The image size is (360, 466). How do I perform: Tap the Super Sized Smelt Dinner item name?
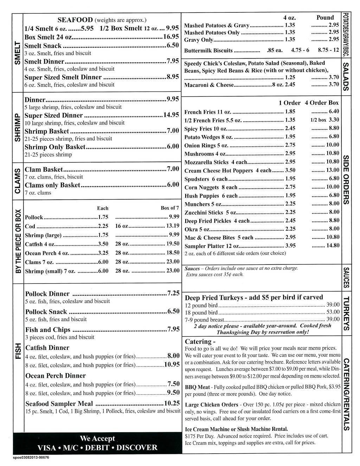point(63,77)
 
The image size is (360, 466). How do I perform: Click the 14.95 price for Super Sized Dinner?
point(171,115)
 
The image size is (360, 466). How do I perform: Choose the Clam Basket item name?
point(44,170)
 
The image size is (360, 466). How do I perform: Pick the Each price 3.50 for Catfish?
point(103,244)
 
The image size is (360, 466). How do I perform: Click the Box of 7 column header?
point(170,208)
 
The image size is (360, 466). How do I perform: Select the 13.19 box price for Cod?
point(173,226)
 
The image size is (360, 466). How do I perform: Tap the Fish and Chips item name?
point(48,330)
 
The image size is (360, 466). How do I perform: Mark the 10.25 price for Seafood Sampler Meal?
point(172,403)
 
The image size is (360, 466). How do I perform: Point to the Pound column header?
point(325,18)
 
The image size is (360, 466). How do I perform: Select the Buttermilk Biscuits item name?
point(208,51)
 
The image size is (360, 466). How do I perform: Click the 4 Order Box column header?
point(322,103)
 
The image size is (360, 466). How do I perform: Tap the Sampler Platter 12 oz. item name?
point(212,246)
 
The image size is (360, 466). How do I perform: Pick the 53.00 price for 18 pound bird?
point(333,312)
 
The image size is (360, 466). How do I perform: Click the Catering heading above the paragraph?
point(198,341)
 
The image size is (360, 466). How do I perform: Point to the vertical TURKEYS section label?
point(346,313)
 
